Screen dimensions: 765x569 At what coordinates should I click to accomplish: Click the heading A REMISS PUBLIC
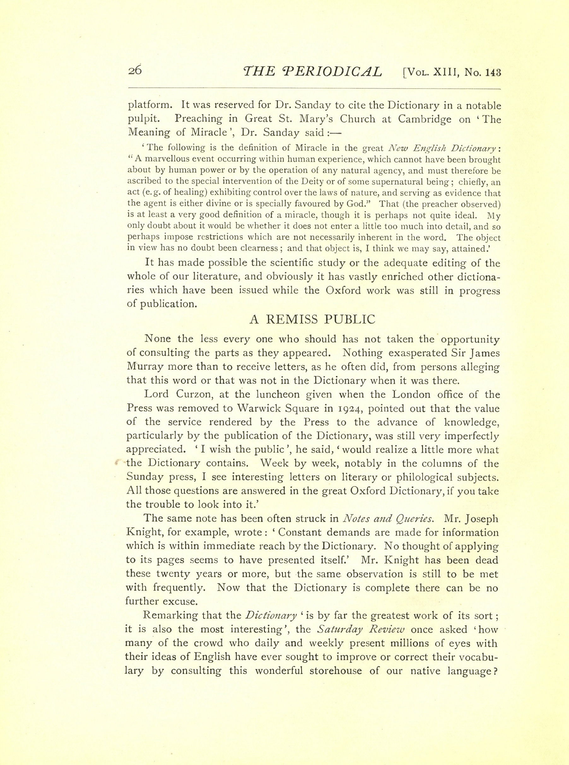(x=312, y=320)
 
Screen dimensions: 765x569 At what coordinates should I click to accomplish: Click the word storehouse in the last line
(x=349, y=671)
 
